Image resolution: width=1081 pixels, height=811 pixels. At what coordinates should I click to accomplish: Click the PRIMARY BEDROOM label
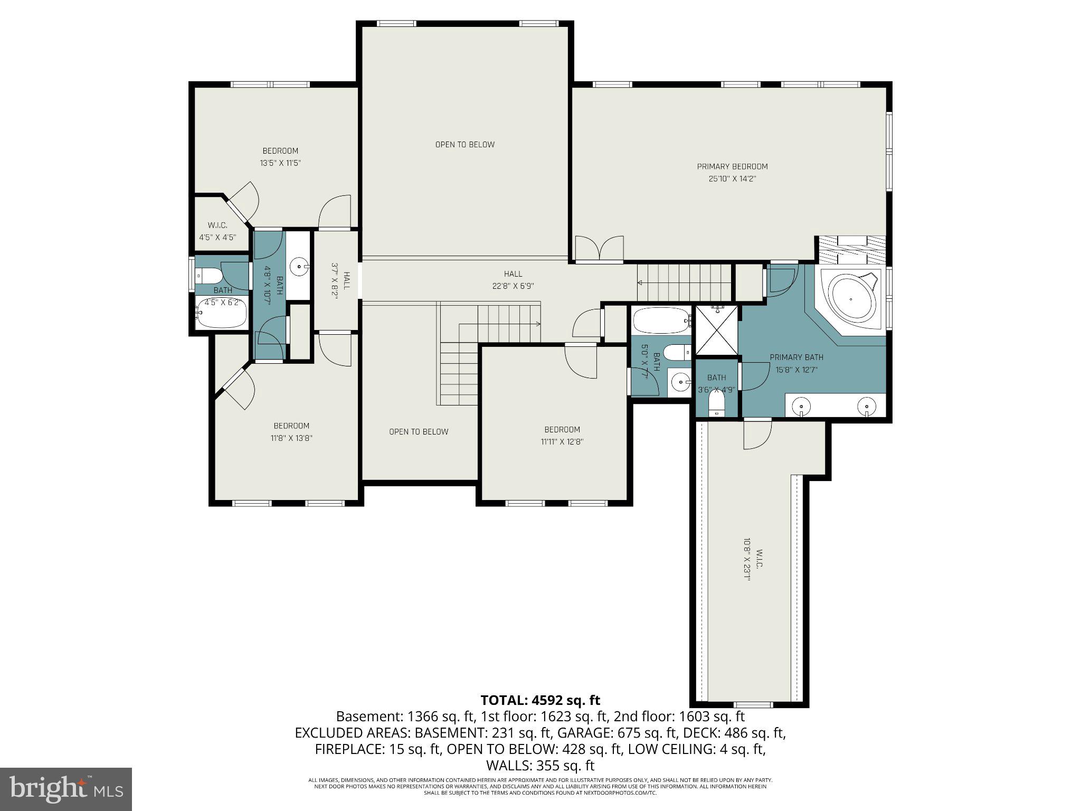[x=732, y=167]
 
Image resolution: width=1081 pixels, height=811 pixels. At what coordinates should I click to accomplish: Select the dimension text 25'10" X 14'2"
[x=732, y=179]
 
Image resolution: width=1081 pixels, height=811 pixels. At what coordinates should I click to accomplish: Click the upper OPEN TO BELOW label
[x=464, y=145]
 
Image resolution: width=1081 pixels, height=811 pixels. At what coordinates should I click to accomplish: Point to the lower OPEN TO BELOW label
[x=419, y=432]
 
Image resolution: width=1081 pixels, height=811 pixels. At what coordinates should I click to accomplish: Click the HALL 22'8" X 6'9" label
[x=513, y=280]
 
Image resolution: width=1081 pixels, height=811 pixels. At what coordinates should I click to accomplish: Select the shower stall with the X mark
[x=716, y=330]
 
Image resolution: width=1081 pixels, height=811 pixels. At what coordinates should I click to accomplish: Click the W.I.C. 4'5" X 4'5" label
[x=217, y=231]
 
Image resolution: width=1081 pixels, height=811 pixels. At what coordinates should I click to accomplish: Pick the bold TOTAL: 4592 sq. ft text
[x=540, y=700]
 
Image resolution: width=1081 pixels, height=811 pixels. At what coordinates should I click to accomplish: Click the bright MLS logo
[x=66, y=789]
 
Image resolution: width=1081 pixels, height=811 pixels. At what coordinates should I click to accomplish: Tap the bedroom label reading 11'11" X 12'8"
[x=562, y=442]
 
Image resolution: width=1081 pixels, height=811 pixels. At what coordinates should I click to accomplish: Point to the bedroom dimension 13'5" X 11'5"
[x=280, y=163]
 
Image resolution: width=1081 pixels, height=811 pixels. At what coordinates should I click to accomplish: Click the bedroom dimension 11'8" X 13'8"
[x=291, y=438]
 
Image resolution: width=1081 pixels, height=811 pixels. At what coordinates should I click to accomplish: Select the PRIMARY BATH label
[x=796, y=357]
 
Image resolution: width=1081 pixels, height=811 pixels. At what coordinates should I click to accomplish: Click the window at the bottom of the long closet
[x=753, y=705]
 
